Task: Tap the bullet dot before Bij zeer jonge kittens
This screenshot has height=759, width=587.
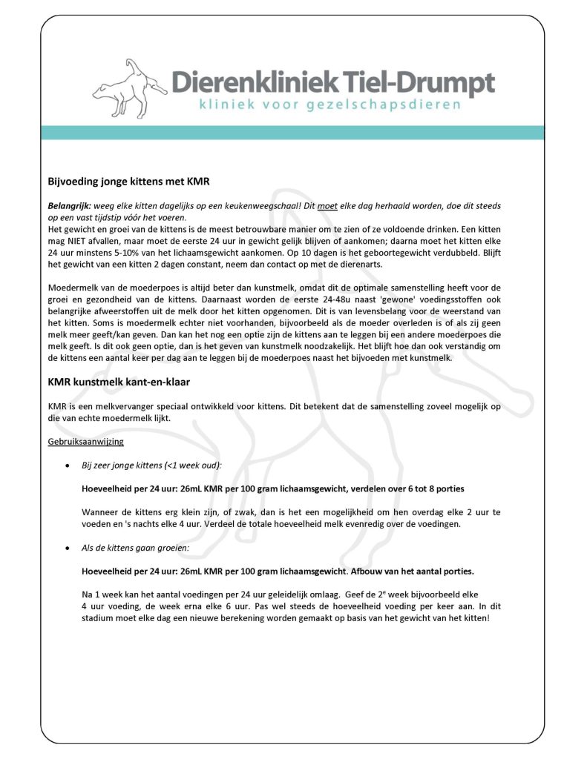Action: (x=68, y=465)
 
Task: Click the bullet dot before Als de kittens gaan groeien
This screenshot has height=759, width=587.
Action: (x=68, y=548)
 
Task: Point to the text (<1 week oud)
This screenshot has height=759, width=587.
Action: (x=189, y=465)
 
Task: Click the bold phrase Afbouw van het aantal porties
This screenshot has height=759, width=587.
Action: (x=411, y=571)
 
